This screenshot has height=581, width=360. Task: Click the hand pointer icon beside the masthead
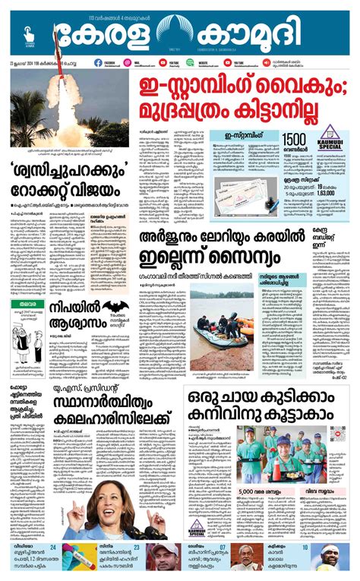(30, 33)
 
